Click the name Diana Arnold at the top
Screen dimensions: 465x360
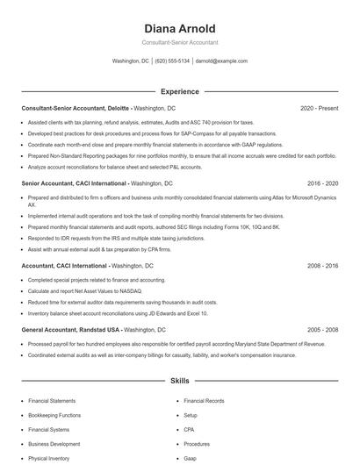click(179, 29)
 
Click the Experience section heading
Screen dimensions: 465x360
click(179, 91)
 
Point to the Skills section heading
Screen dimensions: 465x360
click(179, 382)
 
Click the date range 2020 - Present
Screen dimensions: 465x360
click(319, 108)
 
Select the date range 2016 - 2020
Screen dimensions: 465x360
click(322, 183)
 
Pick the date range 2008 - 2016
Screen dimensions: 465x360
click(322, 265)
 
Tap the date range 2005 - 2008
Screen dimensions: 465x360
click(322, 329)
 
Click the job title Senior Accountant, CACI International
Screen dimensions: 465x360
click(75, 183)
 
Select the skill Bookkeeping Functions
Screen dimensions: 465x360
click(54, 415)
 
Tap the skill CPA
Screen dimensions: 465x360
click(190, 430)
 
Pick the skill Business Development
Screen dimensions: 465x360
click(54, 444)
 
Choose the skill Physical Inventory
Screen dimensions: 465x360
click(49, 458)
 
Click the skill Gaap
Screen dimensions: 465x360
click(191, 458)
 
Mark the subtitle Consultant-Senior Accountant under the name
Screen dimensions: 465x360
click(179, 42)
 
